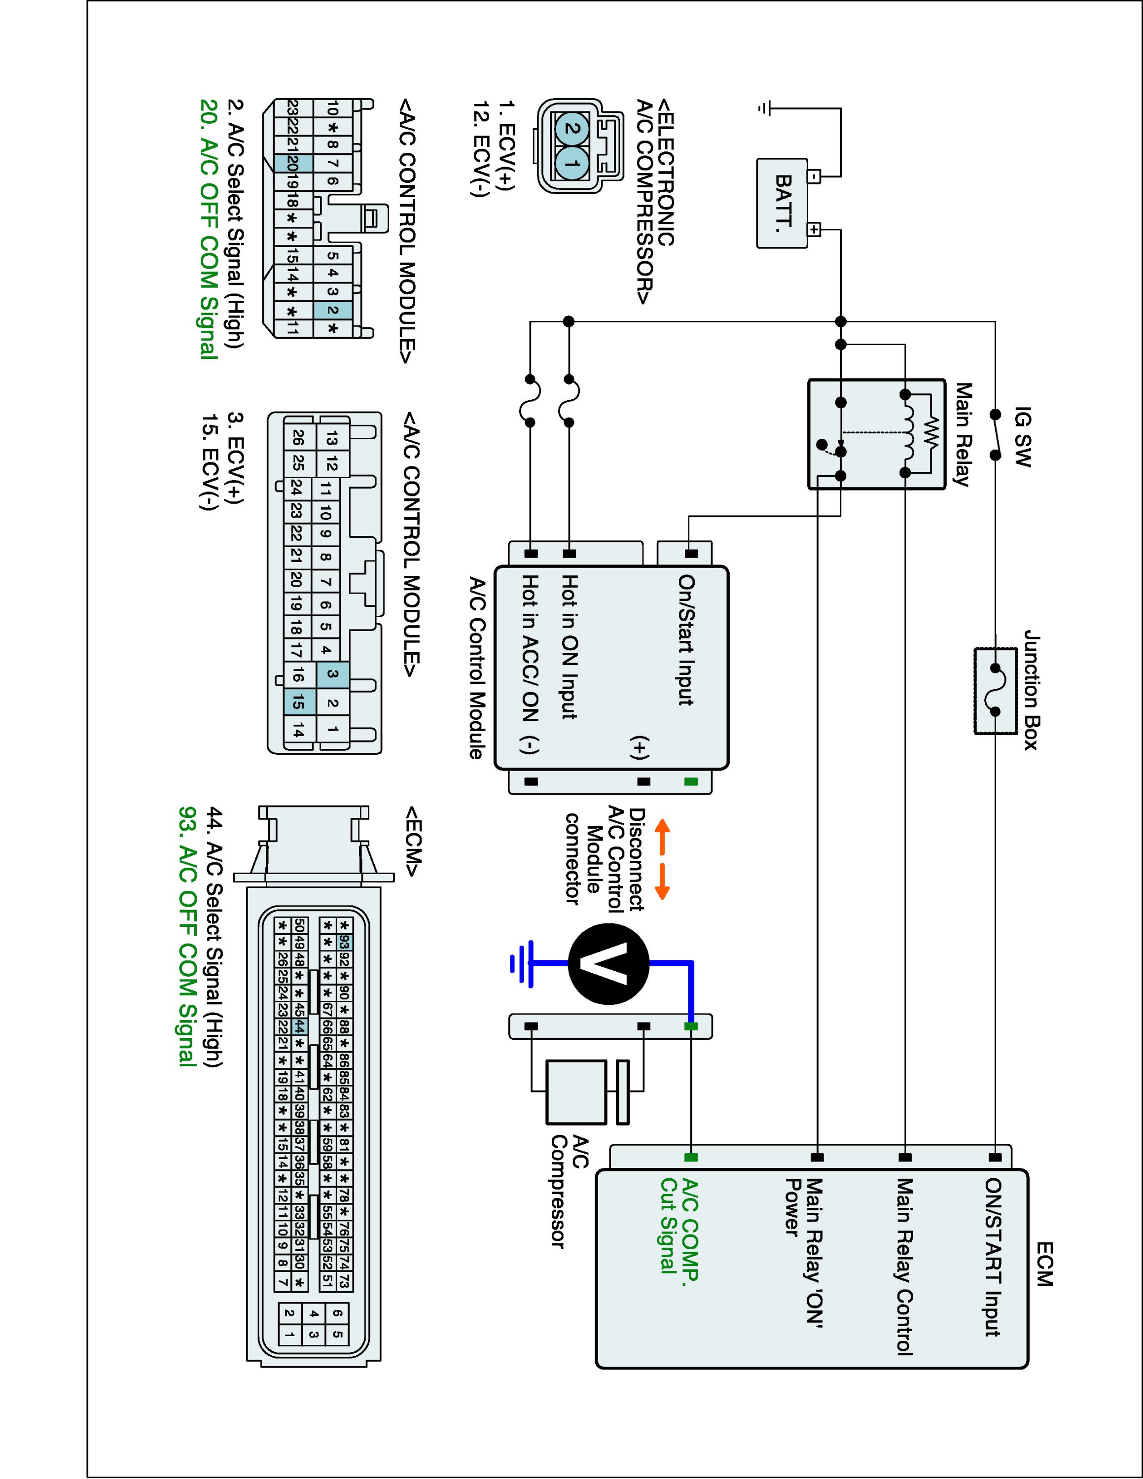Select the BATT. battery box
[782, 203]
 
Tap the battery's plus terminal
[814, 230]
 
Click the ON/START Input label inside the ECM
[993, 1257]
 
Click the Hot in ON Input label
[570, 647]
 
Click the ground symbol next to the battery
[764, 108]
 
